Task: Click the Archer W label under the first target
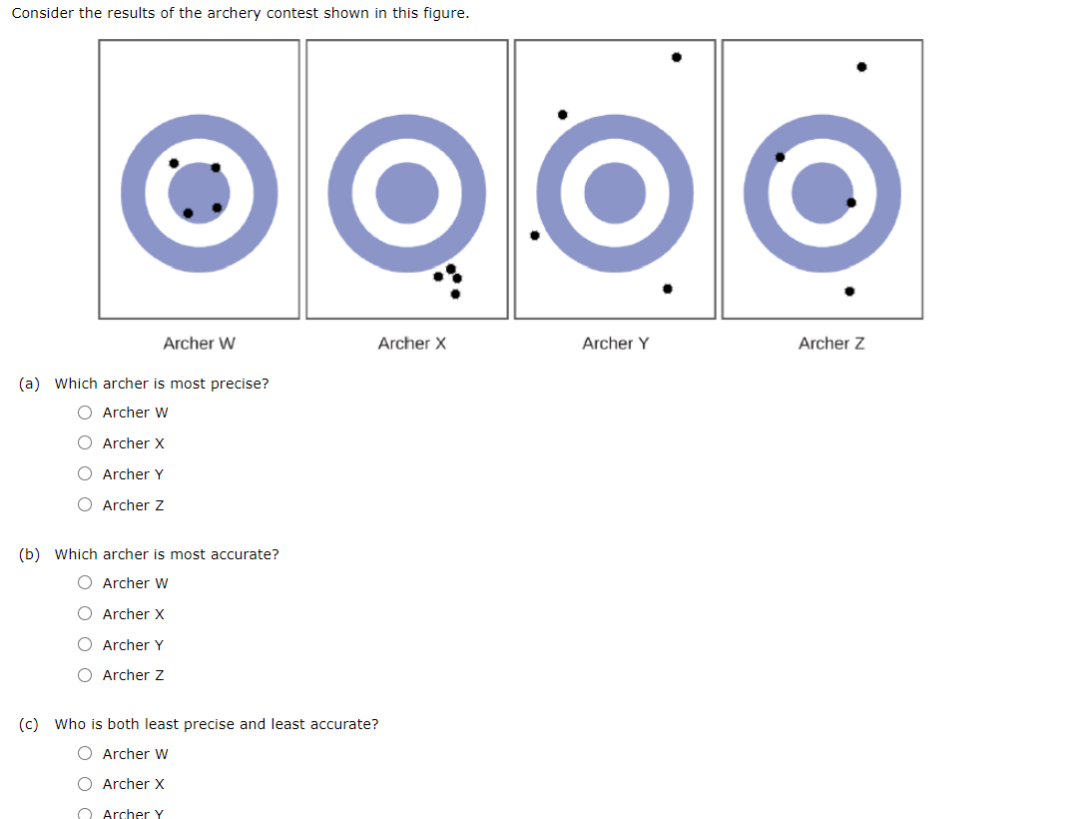tap(200, 344)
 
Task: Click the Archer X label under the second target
tap(411, 344)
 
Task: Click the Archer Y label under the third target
tap(615, 344)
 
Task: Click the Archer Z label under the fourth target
tap(831, 344)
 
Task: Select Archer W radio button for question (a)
tap(86, 412)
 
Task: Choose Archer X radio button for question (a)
tap(86, 443)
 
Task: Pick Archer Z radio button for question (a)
tap(86, 505)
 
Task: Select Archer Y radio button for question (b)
tap(86, 645)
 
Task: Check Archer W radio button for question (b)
tap(86, 583)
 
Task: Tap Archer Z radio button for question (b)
tap(86, 675)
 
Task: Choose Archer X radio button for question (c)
tap(86, 784)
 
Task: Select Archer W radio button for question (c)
tap(86, 754)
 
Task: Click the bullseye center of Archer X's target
tap(407, 194)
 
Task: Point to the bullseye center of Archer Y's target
tap(615, 194)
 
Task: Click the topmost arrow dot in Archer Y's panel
tap(676, 57)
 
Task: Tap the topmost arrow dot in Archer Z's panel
tap(861, 67)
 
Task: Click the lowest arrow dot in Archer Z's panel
tap(848, 292)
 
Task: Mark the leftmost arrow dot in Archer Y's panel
tap(534, 236)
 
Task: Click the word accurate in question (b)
tap(243, 554)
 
